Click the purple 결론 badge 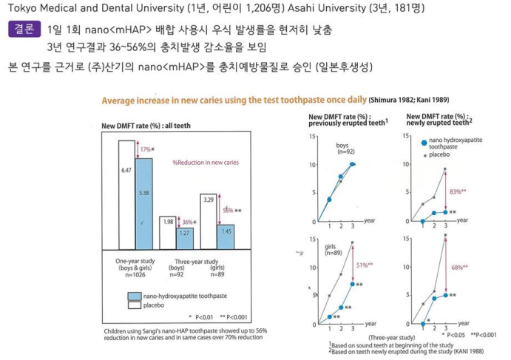[24, 31]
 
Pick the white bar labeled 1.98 [167, 233]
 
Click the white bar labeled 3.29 [208, 220]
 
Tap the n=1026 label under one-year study [135, 276]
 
